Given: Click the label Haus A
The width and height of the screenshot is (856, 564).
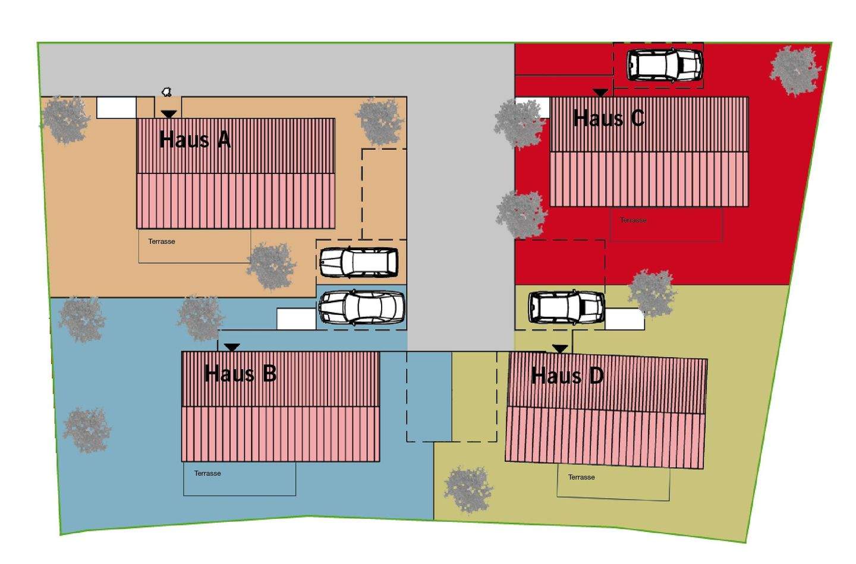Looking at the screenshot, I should pos(195,140).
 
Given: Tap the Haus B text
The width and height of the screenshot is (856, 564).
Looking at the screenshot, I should pos(240,374).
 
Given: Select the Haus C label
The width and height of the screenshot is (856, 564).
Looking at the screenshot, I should pos(609,118).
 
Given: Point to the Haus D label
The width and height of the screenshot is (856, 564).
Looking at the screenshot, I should pos(567,376).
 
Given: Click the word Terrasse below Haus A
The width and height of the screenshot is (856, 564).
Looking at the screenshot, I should pos(162,242).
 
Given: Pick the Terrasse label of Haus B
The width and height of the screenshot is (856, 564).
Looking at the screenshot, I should pos(207,474).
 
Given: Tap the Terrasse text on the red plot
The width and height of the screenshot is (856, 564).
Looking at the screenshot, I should pos(633,220).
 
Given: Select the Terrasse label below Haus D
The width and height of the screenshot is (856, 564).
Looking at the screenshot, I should pos(581,477).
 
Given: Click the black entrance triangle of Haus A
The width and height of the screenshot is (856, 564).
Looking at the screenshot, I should pos(169,114).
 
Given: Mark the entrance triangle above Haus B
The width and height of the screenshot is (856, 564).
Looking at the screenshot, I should pos(232,347).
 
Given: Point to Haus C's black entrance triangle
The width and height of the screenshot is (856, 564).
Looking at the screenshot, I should pos(600,93).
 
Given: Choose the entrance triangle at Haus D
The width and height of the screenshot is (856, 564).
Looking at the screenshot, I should pos(560,349).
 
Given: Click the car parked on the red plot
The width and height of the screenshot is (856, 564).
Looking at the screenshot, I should pos(665,65).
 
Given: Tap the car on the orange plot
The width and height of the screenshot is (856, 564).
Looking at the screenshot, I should pos(359,263).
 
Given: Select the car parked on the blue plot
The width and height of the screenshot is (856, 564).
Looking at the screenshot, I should pos(361,307).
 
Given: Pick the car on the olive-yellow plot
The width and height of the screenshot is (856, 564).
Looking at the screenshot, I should pos(567,307).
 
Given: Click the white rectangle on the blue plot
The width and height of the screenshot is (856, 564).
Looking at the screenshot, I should pos(296,319).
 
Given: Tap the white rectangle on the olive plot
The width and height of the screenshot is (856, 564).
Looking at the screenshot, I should pos(625,319).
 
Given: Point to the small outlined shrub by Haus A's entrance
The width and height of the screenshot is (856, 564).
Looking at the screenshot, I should pos(167,92).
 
